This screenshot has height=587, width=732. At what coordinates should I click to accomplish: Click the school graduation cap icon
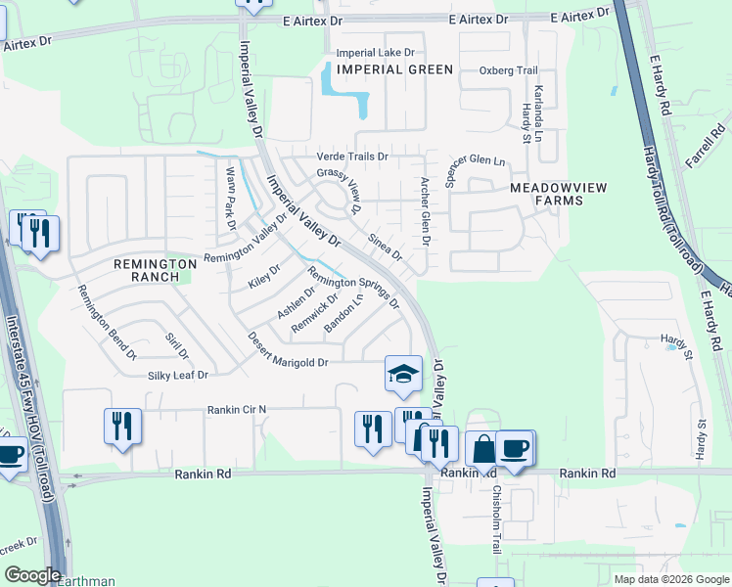401,373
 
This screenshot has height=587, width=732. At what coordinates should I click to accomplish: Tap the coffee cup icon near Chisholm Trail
515,448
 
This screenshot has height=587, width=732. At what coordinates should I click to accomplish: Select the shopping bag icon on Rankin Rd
483,450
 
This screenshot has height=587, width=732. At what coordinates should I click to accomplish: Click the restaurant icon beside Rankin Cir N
123,427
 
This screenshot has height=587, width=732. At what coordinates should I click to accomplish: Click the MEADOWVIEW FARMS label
546,193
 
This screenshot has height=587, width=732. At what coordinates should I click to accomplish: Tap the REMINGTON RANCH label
147,269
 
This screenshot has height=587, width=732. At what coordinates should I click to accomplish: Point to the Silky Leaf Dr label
178,375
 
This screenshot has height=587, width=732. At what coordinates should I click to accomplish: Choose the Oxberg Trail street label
509,70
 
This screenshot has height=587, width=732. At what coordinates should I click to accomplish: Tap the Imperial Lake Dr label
376,53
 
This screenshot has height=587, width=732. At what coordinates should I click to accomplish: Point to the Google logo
32,575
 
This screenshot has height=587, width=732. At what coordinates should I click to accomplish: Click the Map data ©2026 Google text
670,578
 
